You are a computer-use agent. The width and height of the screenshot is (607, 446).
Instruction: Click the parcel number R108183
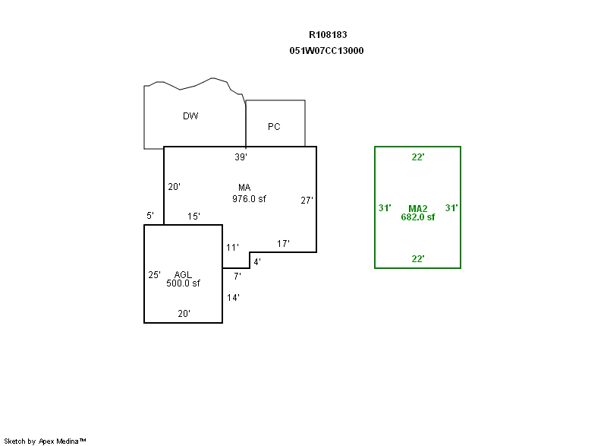328,35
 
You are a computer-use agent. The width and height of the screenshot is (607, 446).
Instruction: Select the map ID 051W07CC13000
326,51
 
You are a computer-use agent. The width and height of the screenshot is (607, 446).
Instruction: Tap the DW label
190,115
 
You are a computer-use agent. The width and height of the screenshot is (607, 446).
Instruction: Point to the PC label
274,127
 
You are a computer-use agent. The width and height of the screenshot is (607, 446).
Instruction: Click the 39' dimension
241,157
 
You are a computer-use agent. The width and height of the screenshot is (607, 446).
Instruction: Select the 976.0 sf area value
249,199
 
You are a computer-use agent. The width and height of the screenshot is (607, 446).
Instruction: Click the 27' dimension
307,201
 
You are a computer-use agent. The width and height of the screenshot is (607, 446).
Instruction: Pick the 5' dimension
150,216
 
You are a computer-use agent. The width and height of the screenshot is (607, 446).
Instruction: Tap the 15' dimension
193,217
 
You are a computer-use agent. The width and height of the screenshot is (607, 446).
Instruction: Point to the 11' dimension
232,247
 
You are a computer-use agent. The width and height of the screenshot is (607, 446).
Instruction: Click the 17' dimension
283,244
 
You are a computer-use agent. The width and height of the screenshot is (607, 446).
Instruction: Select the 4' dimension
257,262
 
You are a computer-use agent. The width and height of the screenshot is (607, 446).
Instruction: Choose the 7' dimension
237,277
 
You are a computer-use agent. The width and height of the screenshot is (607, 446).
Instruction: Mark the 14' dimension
233,298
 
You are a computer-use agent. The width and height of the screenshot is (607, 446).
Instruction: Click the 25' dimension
154,275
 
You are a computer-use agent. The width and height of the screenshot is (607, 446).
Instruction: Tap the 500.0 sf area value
183,283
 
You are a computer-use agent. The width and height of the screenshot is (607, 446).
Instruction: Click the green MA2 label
418,209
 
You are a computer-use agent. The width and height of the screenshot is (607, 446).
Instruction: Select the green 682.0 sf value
418,217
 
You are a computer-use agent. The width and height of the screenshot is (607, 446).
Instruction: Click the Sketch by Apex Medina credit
45,441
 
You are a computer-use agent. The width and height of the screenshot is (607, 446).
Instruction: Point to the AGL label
183,275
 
